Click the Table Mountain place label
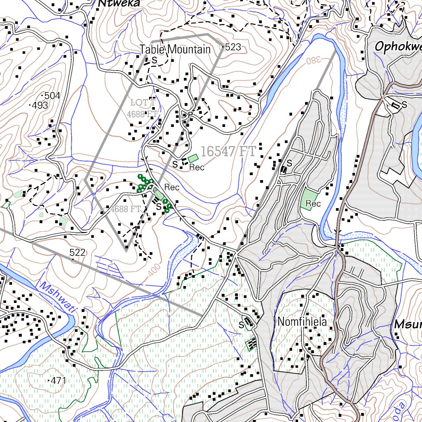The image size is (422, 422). click(x=175, y=50)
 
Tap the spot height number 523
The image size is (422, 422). click(x=233, y=47)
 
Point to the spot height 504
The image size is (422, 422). click(x=52, y=96)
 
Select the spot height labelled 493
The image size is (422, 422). click(x=40, y=105)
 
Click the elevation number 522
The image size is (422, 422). click(x=77, y=252)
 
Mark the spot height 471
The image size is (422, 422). click(x=58, y=380)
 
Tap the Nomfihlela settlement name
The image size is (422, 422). click(x=302, y=322)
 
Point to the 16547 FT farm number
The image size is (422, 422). click(x=228, y=151)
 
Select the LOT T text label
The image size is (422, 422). click(x=143, y=102)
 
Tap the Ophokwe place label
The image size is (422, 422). click(x=398, y=47)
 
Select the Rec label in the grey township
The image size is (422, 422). click(x=313, y=204)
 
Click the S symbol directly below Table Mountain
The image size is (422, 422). click(x=155, y=60)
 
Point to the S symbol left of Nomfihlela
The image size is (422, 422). click(x=241, y=325)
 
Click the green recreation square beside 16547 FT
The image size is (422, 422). click(x=193, y=158)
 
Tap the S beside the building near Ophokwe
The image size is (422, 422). click(x=404, y=105)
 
